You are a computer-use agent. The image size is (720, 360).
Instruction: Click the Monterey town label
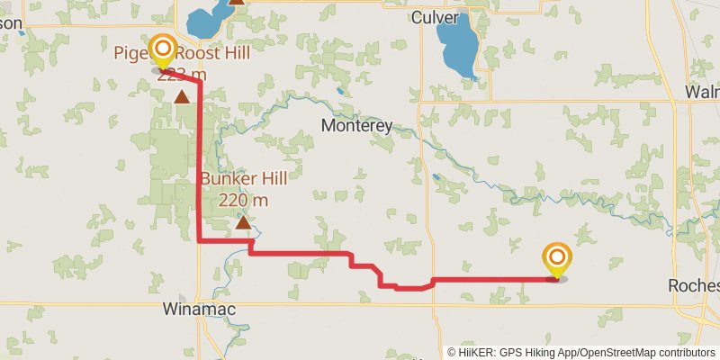356,126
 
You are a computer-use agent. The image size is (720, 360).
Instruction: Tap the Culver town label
435,18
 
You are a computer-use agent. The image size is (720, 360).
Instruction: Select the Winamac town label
198,310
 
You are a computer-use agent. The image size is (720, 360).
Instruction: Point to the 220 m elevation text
243,199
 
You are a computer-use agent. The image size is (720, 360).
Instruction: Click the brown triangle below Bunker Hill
243,220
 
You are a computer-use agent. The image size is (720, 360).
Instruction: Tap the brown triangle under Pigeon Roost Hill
182,96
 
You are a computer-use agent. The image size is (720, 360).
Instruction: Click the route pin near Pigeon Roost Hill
163,50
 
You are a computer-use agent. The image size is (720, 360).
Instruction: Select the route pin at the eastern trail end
556,259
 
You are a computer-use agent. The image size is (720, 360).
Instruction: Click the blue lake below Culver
457,47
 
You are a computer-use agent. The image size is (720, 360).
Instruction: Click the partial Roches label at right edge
695,285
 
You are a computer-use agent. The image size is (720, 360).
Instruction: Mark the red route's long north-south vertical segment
199,162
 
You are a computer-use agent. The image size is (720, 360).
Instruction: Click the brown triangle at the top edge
236,2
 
